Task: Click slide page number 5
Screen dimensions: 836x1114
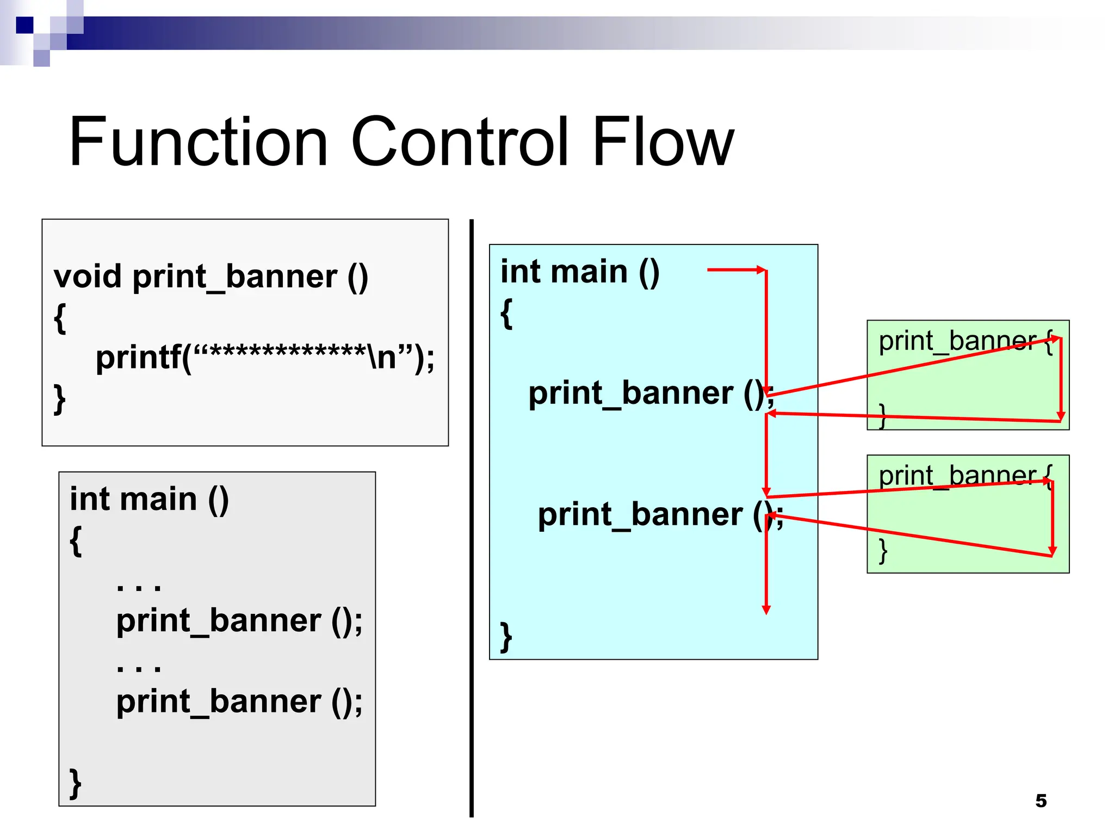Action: (x=1041, y=801)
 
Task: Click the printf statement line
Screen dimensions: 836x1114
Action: (x=265, y=358)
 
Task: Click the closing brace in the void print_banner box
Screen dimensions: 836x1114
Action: (x=60, y=399)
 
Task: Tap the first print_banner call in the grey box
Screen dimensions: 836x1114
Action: (x=239, y=620)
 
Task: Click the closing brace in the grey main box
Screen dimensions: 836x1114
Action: (x=76, y=784)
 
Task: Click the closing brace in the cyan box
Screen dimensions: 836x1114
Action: (x=506, y=637)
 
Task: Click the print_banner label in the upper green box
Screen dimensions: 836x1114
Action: (x=957, y=341)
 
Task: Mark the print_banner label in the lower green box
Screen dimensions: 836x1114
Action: (x=957, y=476)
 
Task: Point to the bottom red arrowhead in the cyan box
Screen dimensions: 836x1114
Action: (x=766, y=610)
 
